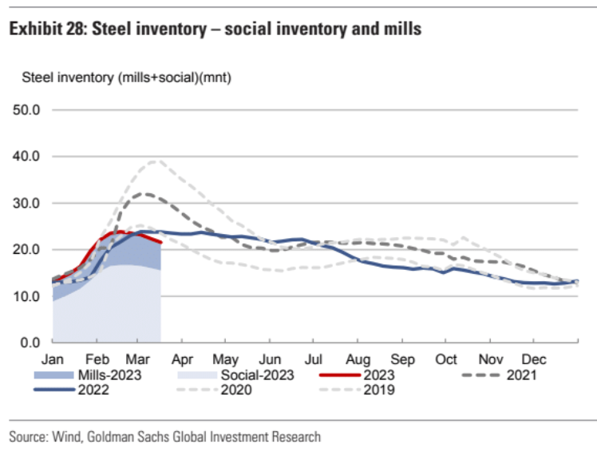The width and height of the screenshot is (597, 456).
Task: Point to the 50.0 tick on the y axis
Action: pos(26,110)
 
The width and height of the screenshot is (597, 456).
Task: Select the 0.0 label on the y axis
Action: pos(30,343)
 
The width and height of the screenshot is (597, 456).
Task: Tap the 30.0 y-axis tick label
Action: pos(26,203)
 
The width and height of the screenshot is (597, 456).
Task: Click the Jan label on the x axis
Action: pos(52,359)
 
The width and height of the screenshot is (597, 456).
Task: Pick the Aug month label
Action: pos(358,359)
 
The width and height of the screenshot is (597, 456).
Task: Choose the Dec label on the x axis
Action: pos(534,359)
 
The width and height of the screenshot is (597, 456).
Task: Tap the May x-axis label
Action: pos(225,359)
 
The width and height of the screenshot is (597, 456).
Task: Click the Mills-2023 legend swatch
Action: pos(53,375)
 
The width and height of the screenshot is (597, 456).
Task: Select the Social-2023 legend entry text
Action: pos(257,375)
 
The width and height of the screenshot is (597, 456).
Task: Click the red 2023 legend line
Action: pos(340,375)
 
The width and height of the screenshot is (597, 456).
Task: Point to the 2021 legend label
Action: pos(521,375)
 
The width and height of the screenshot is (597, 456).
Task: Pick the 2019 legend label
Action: pos(379,390)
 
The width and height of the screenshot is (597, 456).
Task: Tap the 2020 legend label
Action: pos(236,390)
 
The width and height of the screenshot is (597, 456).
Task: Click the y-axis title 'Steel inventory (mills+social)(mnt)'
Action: pos(126,77)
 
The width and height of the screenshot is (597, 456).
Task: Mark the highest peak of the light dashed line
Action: pos(156,161)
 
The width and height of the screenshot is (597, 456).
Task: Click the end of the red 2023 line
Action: pos(161,242)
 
